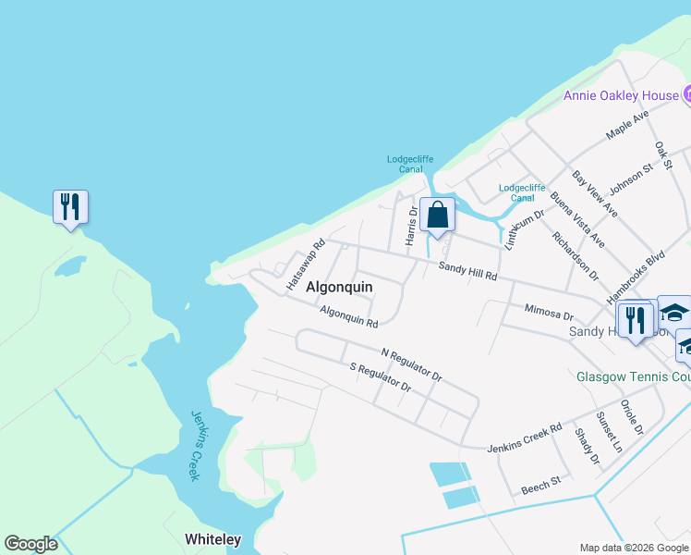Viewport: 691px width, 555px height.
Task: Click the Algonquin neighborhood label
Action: tap(333, 287)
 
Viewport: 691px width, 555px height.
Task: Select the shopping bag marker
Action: tap(438, 215)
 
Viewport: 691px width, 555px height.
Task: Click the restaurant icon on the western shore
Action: tap(70, 207)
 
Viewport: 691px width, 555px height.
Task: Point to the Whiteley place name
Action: tap(212, 539)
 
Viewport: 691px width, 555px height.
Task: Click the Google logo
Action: tap(30, 544)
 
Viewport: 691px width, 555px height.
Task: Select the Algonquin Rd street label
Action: tap(349, 317)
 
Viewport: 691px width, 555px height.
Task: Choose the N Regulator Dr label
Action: tap(412, 364)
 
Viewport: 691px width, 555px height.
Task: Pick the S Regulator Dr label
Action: tap(380, 378)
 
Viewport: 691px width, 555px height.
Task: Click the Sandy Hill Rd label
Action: tap(467, 271)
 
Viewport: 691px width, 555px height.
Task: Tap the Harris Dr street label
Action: tap(412, 226)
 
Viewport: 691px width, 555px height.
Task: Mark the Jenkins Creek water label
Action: tap(195, 445)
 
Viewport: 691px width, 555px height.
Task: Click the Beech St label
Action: tap(541, 485)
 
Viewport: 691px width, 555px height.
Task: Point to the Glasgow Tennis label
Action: tap(633, 377)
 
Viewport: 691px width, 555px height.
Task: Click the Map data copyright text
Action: tap(634, 548)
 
